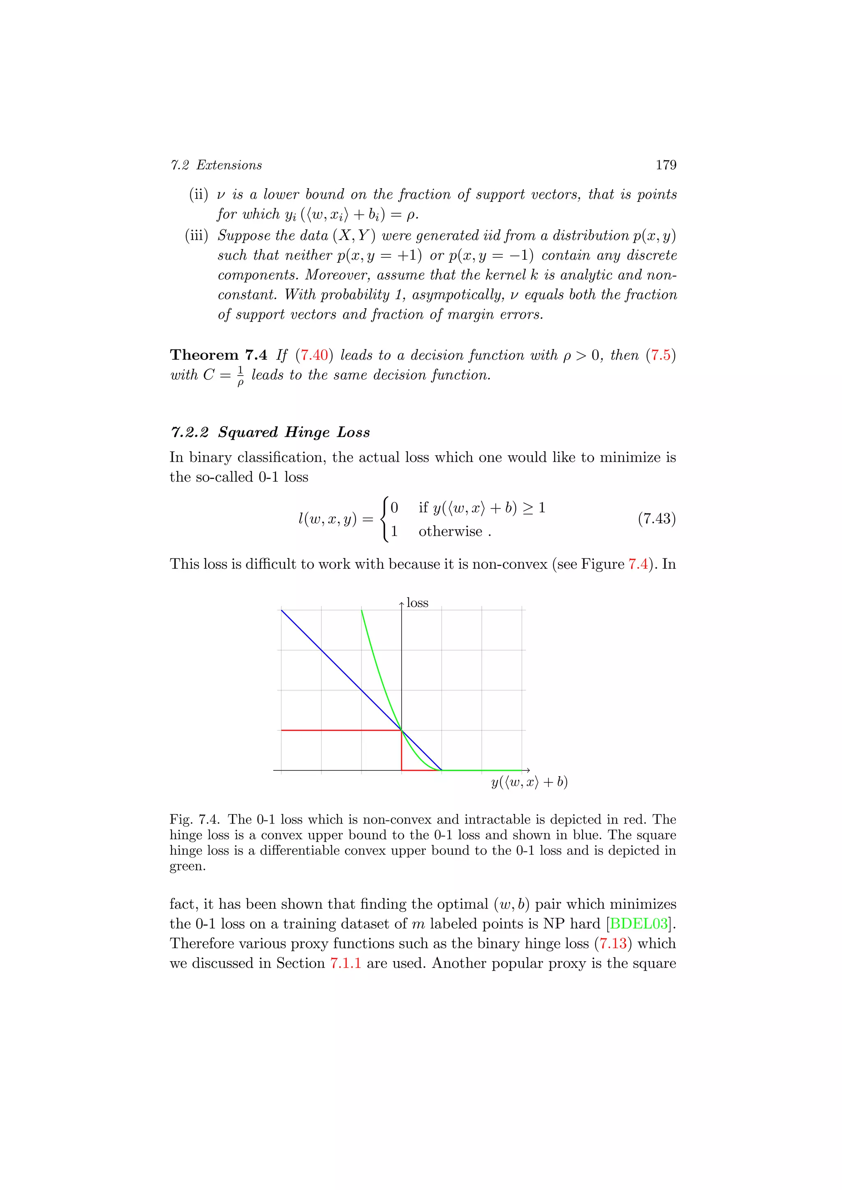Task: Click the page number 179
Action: click(x=666, y=165)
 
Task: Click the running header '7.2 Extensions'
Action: click(x=216, y=165)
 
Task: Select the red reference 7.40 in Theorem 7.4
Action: click(x=314, y=355)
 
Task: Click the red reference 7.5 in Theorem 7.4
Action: click(x=661, y=355)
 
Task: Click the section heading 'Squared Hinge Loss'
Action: click(x=294, y=432)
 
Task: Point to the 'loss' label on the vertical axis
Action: click(x=417, y=603)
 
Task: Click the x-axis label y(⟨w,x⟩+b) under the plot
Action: click(x=530, y=782)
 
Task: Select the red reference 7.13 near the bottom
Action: click(x=613, y=943)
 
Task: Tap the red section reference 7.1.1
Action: click(x=345, y=963)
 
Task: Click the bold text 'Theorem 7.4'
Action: click(x=218, y=355)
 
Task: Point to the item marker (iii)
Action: click(x=197, y=236)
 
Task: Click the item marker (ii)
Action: click(x=199, y=195)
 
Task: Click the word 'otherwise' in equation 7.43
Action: click(x=450, y=531)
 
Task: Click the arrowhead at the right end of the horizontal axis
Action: click(x=527, y=770)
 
